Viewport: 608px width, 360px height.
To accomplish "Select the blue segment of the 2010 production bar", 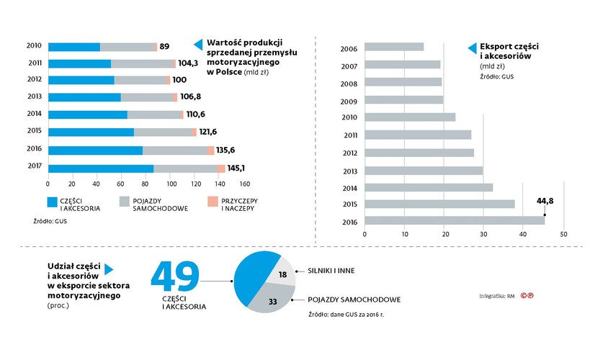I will (x=74, y=47).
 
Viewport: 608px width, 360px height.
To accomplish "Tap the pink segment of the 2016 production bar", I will (x=210, y=150).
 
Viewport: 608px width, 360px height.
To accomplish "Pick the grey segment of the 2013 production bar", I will (x=148, y=97).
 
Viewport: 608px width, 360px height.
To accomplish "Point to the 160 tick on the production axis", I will (x=245, y=184).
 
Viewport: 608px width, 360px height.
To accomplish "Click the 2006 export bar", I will (x=394, y=48).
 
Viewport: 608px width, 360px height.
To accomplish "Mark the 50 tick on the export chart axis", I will (x=564, y=234).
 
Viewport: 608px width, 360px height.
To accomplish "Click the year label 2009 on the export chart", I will (x=349, y=100).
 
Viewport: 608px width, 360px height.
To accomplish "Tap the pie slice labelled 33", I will (x=274, y=301).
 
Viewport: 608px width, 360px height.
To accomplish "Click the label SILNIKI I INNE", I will (x=332, y=271).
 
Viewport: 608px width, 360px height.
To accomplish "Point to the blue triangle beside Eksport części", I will (x=472, y=48).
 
